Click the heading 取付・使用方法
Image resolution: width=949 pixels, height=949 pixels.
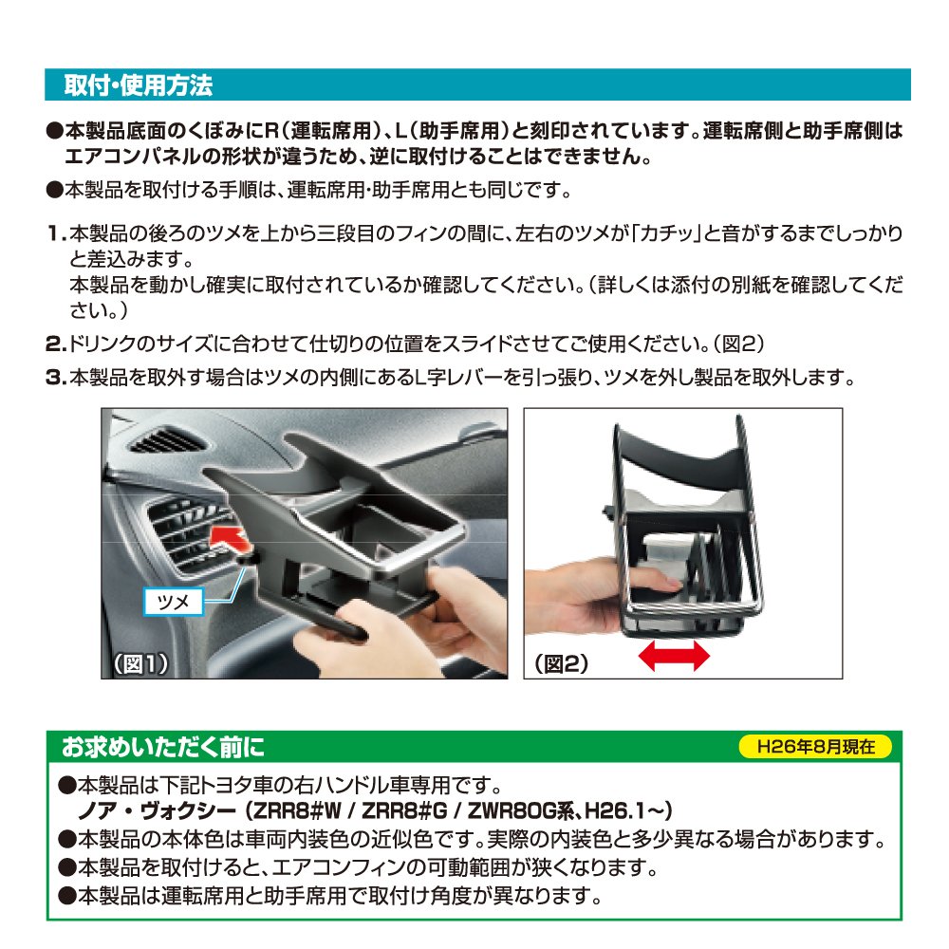138,85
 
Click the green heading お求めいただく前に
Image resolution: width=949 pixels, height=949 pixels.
163,747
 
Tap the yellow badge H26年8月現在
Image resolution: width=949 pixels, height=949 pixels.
815,746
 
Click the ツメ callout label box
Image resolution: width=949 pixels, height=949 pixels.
173,602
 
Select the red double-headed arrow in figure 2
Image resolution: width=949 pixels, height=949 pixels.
674,656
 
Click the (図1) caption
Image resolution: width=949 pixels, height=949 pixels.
141,664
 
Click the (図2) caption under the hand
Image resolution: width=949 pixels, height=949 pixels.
561,664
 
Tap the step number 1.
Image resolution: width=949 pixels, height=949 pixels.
56,233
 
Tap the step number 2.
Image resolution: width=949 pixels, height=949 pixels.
56,344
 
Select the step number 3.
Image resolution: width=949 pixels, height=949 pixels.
56,378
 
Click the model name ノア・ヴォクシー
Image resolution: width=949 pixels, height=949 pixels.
158,810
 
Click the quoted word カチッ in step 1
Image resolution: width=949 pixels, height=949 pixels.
666,233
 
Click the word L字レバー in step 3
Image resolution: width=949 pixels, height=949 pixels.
458,378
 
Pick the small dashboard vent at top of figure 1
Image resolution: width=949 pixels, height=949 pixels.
168,440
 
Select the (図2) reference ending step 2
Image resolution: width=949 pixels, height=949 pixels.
737,344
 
